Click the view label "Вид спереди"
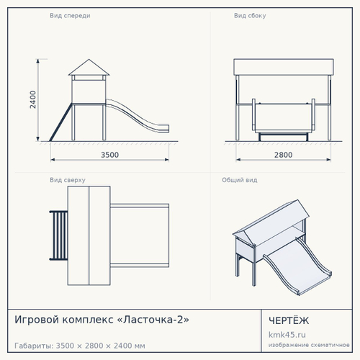(x=70, y=16)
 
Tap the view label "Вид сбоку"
(x=250, y=16)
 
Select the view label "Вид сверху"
(x=68, y=180)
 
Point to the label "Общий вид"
(x=240, y=180)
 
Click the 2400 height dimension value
(x=33, y=99)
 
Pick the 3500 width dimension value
(x=109, y=155)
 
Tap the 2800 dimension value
(x=283, y=155)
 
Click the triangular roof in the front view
(x=89, y=68)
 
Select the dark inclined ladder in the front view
(x=60, y=122)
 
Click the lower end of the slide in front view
(x=166, y=128)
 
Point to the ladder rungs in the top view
(x=59, y=235)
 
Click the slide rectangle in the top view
(x=140, y=235)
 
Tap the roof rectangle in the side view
(x=284, y=67)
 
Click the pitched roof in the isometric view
(x=271, y=222)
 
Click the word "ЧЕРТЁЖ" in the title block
(x=289, y=320)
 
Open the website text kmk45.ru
(x=287, y=335)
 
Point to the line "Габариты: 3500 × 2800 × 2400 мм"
(x=80, y=346)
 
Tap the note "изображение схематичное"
(x=309, y=345)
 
